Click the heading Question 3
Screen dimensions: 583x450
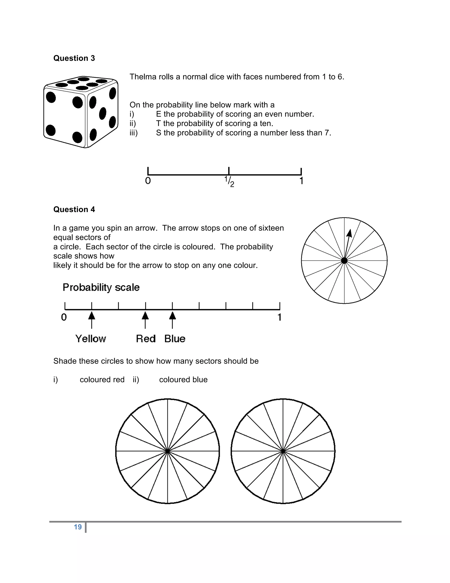(74, 58)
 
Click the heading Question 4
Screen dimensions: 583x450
(74, 209)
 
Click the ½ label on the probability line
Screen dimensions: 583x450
(229, 181)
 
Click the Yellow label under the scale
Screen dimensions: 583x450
(91, 339)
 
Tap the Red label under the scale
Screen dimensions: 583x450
(145, 339)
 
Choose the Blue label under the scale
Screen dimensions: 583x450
(175, 339)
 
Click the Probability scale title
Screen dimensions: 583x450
(101, 288)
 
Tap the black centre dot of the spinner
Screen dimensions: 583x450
(344, 260)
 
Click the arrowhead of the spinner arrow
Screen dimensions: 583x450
(349, 233)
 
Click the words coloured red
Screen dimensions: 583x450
(102, 379)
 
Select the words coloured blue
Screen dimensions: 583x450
(183, 379)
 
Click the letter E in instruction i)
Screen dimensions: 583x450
(159, 114)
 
